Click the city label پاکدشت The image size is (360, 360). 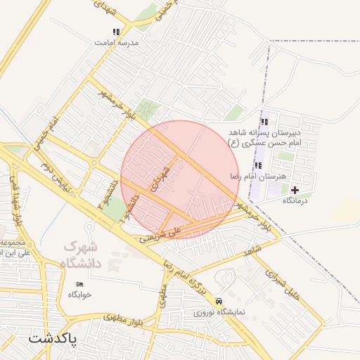click(x=52, y=339)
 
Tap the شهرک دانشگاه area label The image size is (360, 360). click(x=82, y=255)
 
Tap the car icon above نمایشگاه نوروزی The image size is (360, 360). click(x=220, y=300)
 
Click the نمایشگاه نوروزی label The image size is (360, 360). click(x=219, y=311)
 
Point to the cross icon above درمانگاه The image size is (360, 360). click(x=294, y=190)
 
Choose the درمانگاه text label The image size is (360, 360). click(x=296, y=201)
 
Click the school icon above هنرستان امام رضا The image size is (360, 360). click(x=258, y=165)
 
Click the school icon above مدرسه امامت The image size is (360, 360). click(x=116, y=32)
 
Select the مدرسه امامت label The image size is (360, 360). click(x=117, y=42)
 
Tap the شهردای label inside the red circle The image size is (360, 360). click(x=160, y=179)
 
